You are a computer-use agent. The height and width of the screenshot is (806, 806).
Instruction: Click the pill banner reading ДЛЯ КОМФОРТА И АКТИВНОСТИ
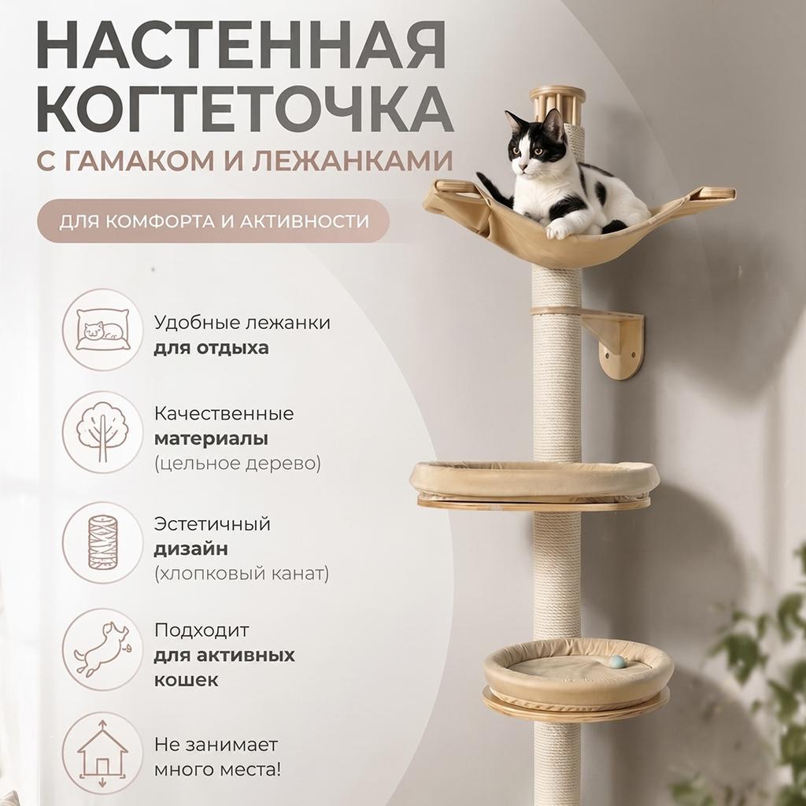tap(213, 220)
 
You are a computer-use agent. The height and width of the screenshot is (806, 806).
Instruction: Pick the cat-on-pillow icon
tap(102, 330)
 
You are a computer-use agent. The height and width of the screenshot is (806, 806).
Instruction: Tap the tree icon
tap(102, 432)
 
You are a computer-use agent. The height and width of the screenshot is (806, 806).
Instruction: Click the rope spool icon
tap(102, 542)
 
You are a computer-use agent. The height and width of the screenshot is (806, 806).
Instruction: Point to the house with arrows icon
tap(102, 753)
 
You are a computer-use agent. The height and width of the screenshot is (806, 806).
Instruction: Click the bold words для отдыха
tap(211, 347)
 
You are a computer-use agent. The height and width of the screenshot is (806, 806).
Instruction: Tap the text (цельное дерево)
tap(237, 464)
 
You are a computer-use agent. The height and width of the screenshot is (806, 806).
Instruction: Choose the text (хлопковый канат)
tap(242, 573)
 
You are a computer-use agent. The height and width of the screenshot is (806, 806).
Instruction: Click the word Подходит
tap(201, 630)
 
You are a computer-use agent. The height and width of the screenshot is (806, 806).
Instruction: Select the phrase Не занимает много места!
tap(216, 756)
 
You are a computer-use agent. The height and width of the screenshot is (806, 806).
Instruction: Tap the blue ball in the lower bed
tap(618, 662)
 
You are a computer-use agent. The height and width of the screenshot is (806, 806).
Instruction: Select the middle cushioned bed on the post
tap(534, 482)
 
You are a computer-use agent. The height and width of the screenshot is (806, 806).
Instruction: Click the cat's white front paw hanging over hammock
tap(558, 229)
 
